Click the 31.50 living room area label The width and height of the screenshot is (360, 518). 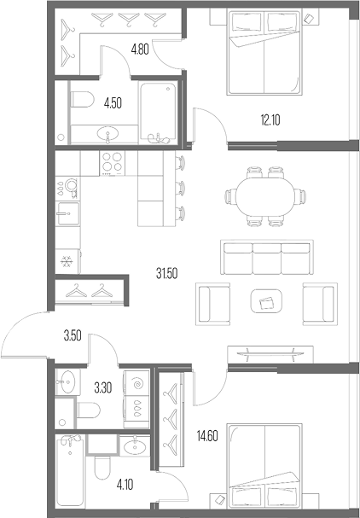point(167,274)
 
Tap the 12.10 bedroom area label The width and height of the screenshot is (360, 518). point(270,120)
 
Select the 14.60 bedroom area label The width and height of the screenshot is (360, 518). point(207,436)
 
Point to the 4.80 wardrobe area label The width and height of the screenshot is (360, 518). point(140,49)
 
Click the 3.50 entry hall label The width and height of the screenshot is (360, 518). point(73,336)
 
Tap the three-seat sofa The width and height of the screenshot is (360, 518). point(266,258)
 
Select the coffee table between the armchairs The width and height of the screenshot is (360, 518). point(266,301)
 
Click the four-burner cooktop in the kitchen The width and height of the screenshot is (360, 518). point(113,162)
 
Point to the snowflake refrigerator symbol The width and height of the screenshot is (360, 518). point(67,262)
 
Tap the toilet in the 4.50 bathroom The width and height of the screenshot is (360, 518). point(82,99)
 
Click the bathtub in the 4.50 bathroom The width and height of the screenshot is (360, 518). point(158,113)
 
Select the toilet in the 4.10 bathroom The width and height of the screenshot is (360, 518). point(102,468)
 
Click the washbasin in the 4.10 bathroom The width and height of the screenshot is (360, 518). point(135,446)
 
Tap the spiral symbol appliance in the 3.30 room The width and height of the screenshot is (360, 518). point(136,383)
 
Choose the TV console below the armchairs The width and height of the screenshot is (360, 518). point(270,354)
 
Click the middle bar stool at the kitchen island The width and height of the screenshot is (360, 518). point(180,189)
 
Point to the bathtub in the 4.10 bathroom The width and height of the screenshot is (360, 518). point(70,470)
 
